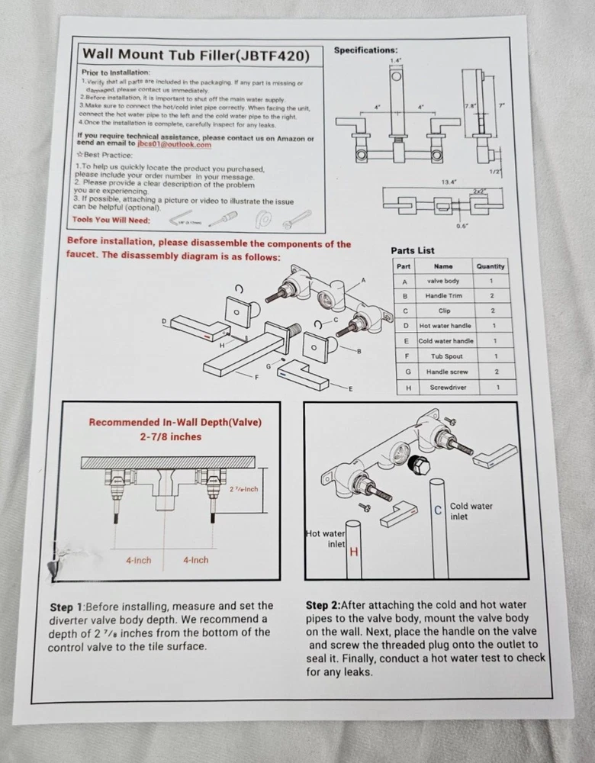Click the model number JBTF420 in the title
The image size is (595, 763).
tap(273, 55)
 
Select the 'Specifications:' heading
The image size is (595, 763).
tap(366, 50)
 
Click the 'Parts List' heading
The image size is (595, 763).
tap(412, 250)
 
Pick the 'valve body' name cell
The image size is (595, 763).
tap(442, 281)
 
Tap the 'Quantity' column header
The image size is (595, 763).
tap(490, 266)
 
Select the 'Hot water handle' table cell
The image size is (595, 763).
tap(445, 326)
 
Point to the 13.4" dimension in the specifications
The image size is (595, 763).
tap(449, 182)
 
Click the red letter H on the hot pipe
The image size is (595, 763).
tap(353, 552)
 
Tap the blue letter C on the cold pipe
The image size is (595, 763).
tap(438, 510)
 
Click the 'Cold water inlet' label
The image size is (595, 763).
tap(471, 511)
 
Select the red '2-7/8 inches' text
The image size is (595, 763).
tap(170, 436)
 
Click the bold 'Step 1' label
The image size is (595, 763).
tap(72, 607)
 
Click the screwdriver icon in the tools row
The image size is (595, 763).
tap(223, 220)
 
